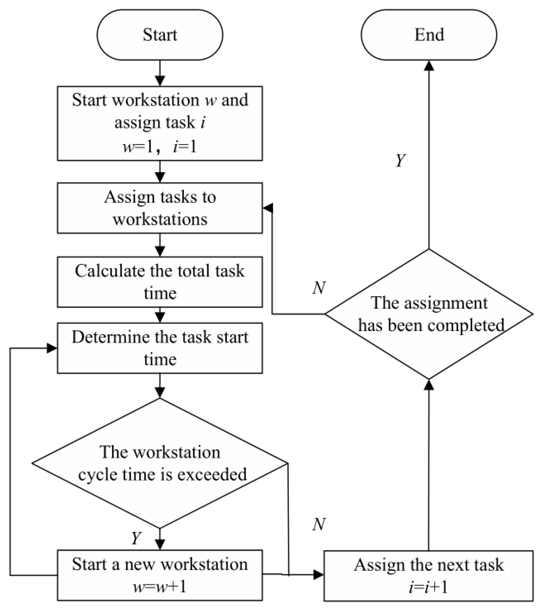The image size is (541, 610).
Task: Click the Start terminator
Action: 160,35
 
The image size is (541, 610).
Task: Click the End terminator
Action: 429,35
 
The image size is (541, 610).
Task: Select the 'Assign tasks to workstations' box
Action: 160,208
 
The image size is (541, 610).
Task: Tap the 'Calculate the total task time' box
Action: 160,282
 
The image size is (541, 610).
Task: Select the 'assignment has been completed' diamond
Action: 429,314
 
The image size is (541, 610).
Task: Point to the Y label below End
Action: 401,160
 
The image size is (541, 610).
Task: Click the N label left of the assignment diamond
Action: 319,288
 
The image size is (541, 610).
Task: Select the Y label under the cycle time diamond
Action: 136,538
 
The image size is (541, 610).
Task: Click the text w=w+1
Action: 160,587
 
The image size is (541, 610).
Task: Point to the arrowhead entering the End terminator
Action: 429,65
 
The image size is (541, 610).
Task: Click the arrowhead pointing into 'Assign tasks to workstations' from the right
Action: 268,208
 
